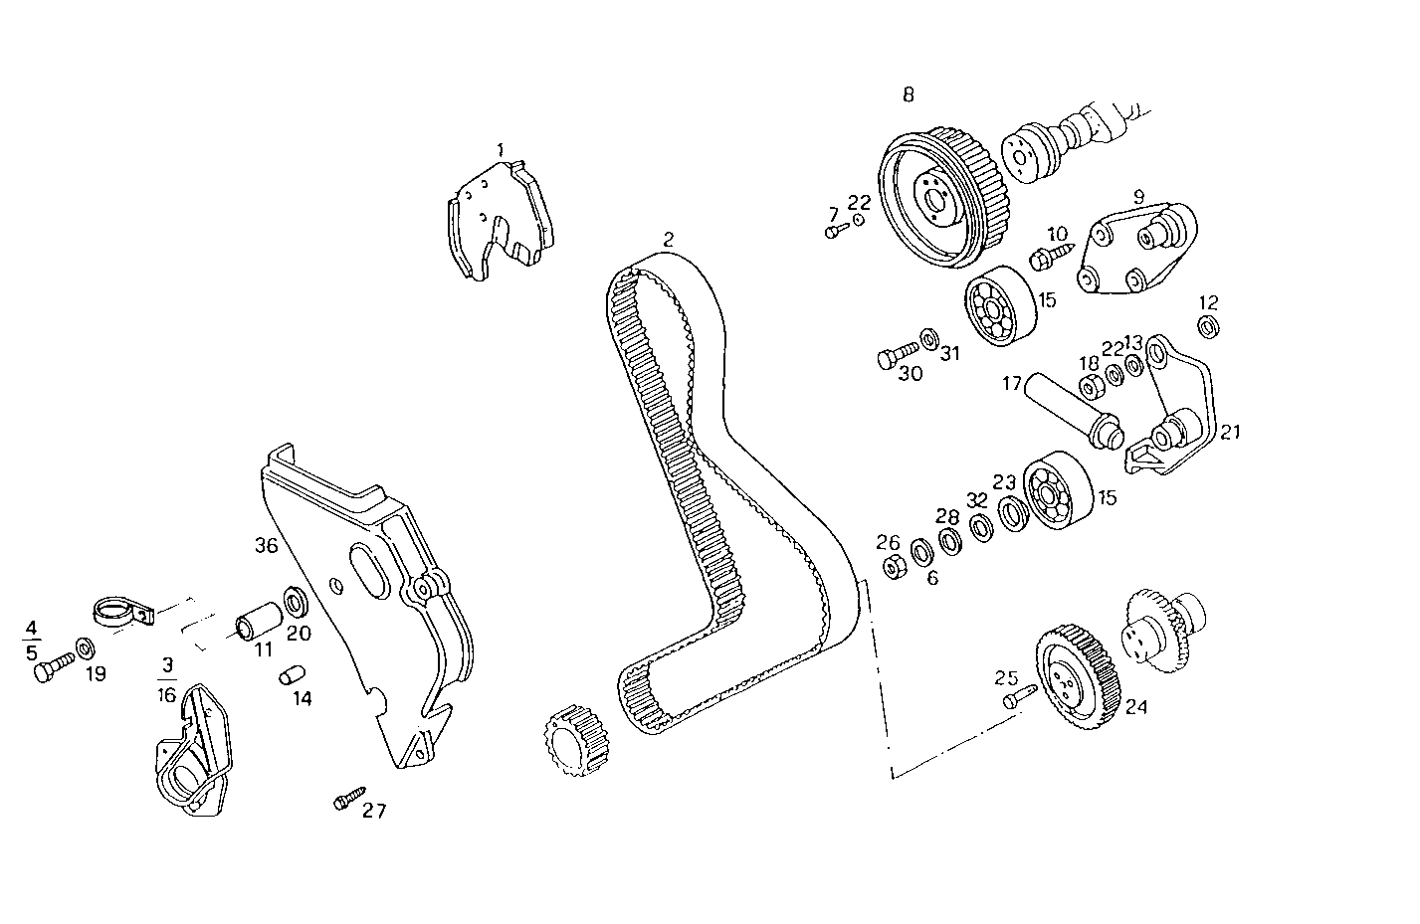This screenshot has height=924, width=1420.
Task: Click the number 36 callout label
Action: point(265,545)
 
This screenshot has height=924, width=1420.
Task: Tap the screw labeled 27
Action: point(348,799)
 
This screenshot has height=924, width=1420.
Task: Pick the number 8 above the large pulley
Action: point(908,94)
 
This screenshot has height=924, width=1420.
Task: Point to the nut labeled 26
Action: point(893,567)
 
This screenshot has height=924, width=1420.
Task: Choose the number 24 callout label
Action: point(1136,707)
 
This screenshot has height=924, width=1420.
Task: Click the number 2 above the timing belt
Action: point(669,239)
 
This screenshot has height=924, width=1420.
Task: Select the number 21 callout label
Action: point(1230,432)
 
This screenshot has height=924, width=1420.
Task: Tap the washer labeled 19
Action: point(87,649)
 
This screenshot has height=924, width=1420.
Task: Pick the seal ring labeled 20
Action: point(297,603)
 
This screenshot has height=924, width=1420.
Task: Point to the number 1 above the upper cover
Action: point(502,149)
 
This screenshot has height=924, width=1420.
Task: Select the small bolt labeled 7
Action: point(835,232)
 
